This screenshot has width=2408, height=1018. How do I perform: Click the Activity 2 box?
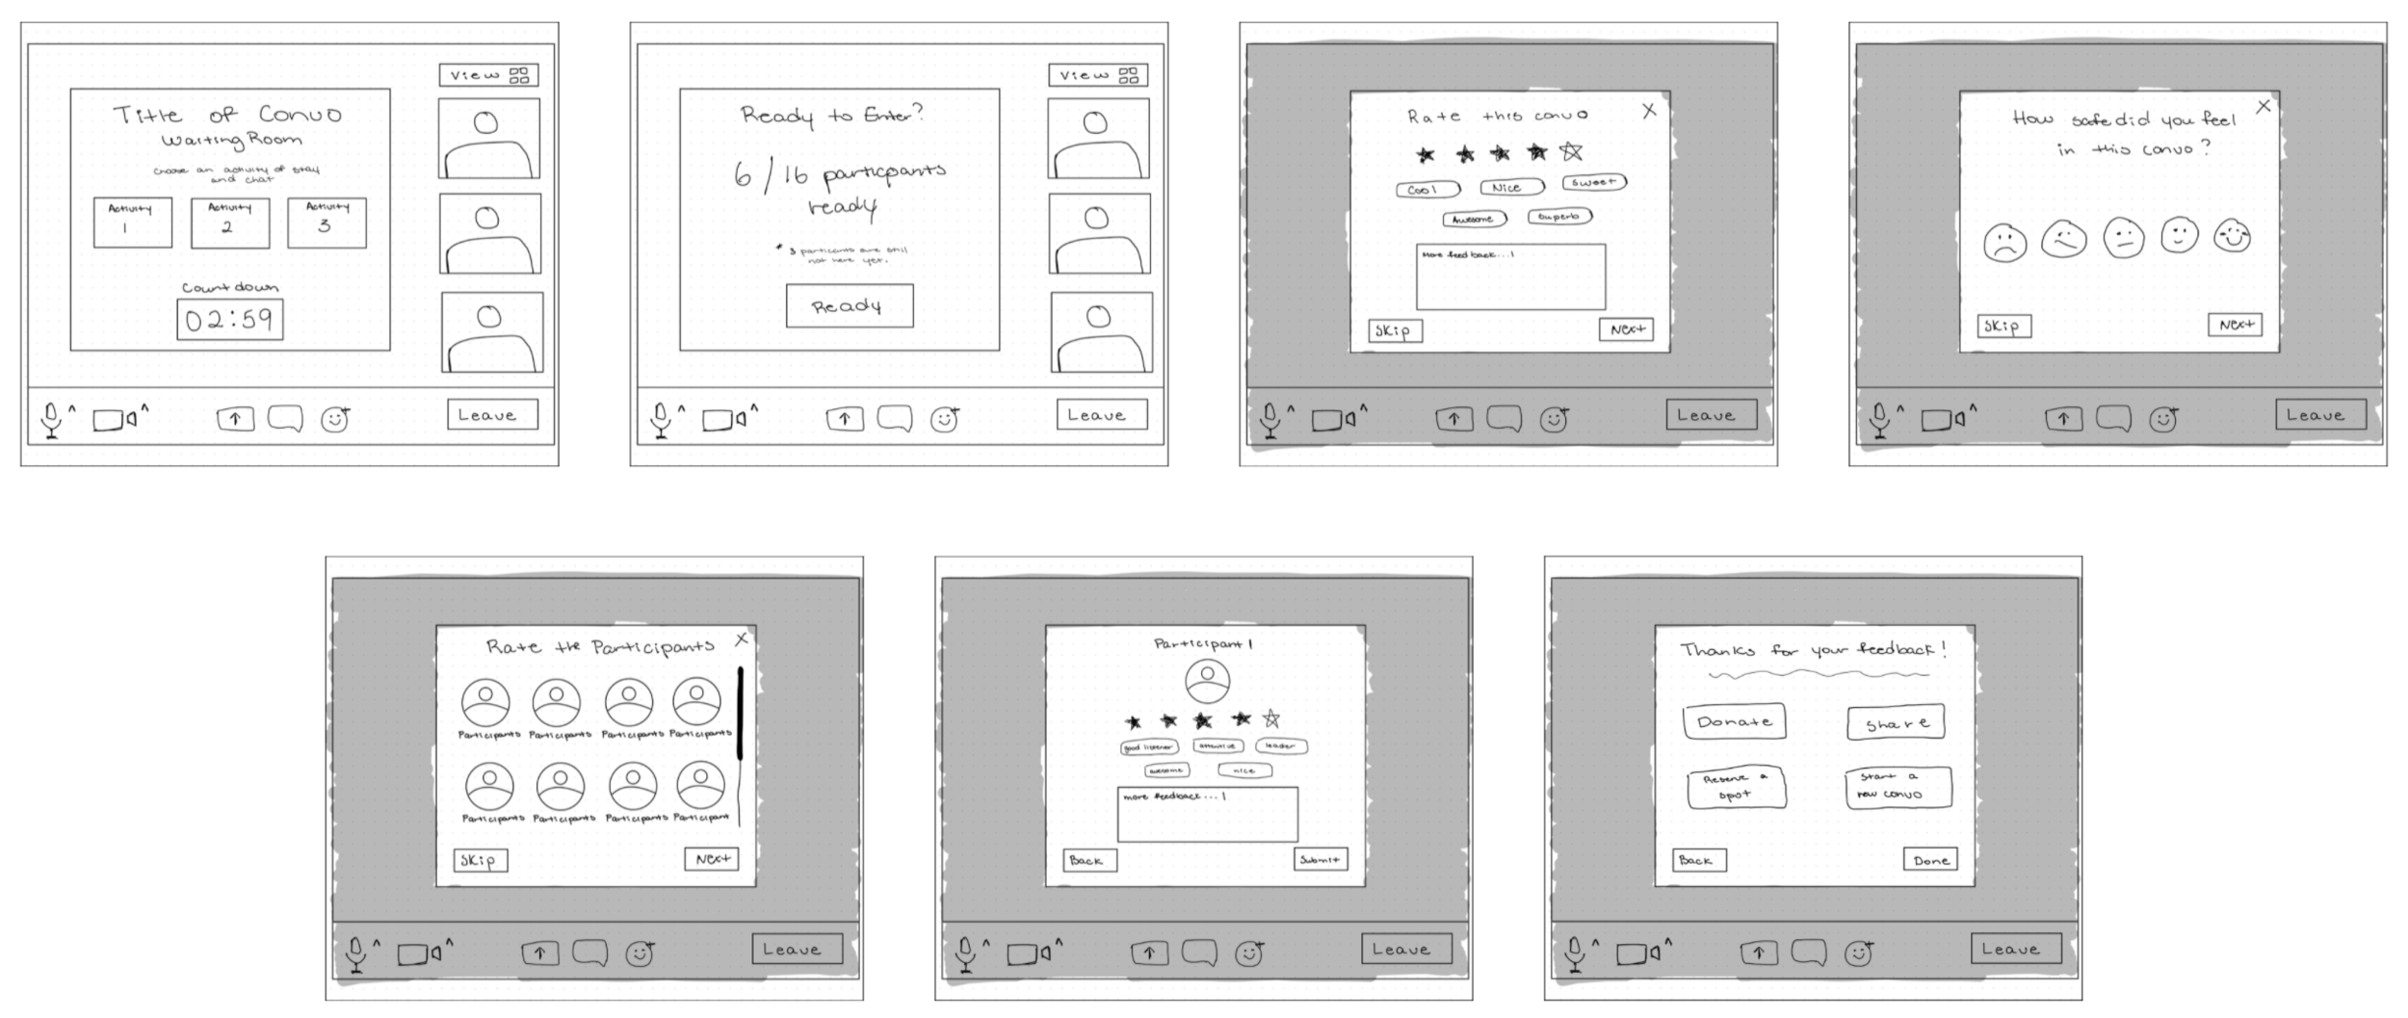(230, 223)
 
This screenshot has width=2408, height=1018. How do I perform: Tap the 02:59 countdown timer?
(230, 320)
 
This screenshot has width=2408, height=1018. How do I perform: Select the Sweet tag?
(1594, 182)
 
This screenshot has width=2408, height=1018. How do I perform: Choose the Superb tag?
(1559, 217)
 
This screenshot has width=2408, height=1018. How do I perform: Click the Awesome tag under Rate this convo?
(1474, 220)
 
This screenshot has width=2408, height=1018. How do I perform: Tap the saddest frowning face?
(2005, 242)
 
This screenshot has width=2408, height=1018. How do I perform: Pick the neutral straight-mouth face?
(2123, 237)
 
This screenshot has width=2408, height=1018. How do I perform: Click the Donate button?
(1734, 721)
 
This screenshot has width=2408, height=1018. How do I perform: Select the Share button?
(1896, 723)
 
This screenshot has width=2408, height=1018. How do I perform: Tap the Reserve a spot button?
(1736, 787)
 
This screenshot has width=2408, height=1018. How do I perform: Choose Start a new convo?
(1898, 787)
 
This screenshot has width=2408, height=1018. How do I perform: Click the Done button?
(1930, 860)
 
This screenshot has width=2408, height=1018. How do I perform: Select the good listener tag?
(1148, 747)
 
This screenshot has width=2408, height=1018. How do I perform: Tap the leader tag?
(1280, 745)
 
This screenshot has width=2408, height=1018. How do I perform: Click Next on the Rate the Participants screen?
(712, 858)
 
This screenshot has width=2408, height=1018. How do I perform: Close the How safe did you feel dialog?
(2264, 106)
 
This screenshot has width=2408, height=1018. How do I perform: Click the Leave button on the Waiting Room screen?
(492, 415)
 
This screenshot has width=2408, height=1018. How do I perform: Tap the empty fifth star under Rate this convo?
(1571, 152)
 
